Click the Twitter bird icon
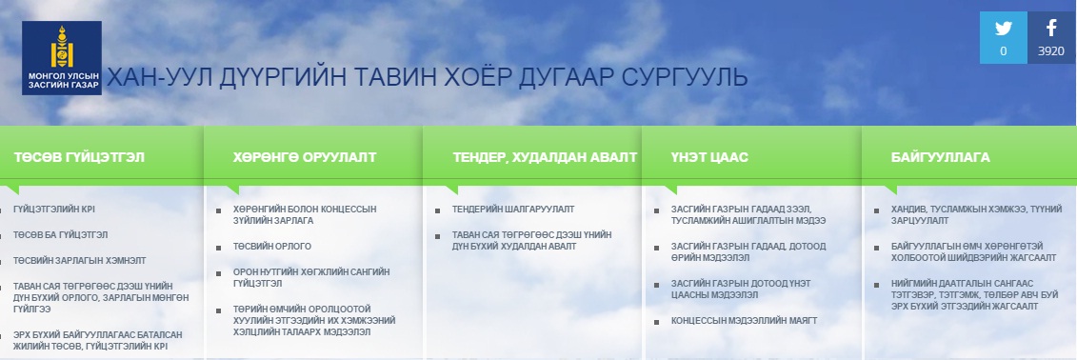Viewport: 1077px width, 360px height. point(1004,29)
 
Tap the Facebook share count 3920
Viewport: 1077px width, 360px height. point(1051,50)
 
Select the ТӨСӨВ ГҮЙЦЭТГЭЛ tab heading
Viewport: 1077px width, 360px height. point(79,157)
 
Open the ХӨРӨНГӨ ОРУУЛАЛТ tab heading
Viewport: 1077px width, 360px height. point(305,157)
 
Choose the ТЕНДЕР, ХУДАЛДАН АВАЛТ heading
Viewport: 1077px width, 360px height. point(545,157)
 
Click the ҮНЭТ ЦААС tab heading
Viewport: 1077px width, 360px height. point(709,157)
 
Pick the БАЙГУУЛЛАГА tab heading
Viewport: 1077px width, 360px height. point(940,157)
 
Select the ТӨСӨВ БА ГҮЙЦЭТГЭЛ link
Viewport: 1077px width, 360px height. point(60,235)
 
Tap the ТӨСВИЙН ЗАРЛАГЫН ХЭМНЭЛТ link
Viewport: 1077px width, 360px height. point(80,261)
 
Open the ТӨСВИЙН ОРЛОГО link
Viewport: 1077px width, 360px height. point(272,247)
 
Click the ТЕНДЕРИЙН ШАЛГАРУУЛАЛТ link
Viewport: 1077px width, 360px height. point(513,209)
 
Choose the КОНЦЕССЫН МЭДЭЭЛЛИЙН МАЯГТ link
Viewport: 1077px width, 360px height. point(744,321)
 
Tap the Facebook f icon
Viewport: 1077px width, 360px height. point(1051,29)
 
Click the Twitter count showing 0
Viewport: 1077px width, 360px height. point(1004,50)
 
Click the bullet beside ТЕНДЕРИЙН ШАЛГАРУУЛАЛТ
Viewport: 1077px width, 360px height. point(437,210)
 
